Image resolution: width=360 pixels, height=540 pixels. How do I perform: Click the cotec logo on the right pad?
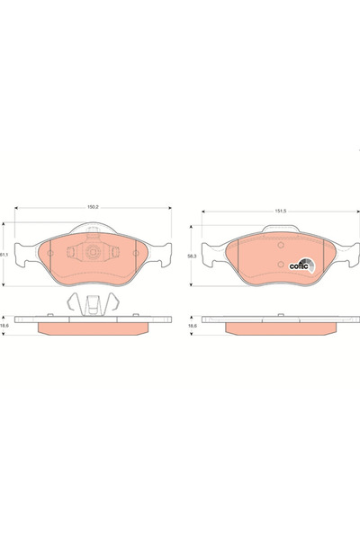tap(301, 265)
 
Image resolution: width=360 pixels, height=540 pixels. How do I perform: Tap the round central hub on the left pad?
tap(92, 255)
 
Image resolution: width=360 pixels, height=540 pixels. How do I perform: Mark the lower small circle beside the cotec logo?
tap(281, 265)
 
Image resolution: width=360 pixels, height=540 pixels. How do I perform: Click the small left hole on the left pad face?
tap(50, 254)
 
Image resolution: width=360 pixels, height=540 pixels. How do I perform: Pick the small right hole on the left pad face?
tap(134, 254)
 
